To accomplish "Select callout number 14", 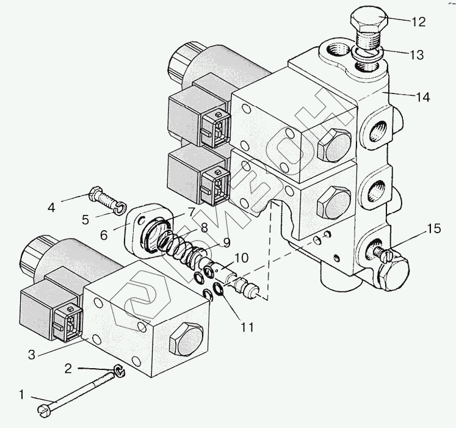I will click(x=422, y=96).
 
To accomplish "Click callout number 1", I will click(x=23, y=394).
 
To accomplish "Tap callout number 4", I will click(x=52, y=206).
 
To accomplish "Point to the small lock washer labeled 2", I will click(x=119, y=369).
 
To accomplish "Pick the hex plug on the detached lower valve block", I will click(x=183, y=338).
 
